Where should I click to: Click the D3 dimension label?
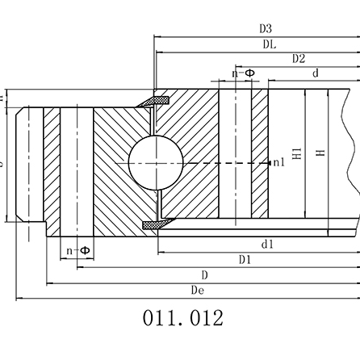(266, 30)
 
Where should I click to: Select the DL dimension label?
(269, 45)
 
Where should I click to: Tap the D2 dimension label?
(298, 59)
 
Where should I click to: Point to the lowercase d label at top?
(316, 73)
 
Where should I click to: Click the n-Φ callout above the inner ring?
(243, 73)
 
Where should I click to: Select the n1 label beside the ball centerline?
(278, 163)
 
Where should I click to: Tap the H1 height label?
(297, 153)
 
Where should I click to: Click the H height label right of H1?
(321, 153)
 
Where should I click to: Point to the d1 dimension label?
(266, 243)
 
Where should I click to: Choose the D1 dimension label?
(245, 259)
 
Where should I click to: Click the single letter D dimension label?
(205, 274)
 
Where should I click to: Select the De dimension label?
(196, 290)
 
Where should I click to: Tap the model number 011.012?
(182, 317)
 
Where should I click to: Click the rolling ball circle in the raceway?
(151, 162)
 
